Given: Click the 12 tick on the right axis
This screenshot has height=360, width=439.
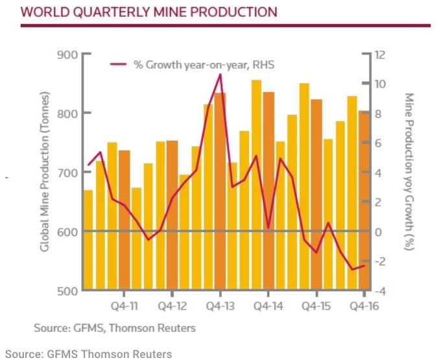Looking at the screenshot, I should (379, 54).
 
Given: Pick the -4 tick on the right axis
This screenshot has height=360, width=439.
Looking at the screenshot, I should (381, 291).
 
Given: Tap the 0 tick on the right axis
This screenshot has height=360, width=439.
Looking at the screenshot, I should (379, 232).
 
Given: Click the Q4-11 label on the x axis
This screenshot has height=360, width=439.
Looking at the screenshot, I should (124, 305).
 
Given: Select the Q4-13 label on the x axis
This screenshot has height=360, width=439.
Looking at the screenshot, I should (220, 305).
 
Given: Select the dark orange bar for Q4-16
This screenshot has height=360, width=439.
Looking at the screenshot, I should (364, 201).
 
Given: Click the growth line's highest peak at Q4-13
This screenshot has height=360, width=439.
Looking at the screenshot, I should (220, 75).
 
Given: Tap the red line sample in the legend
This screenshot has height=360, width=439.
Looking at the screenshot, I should (118, 64).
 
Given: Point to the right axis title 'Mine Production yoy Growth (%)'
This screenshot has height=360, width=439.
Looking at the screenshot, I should (409, 173).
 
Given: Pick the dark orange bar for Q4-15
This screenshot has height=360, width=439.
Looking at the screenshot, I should (316, 195).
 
